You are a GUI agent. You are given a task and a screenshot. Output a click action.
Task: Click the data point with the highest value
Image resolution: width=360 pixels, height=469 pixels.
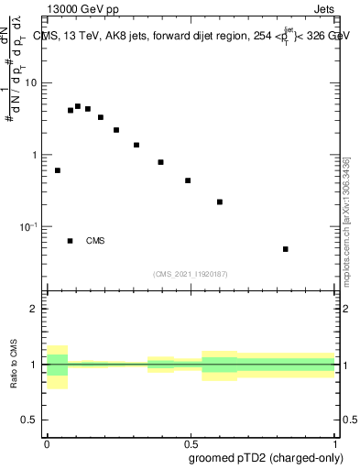tap(78, 106)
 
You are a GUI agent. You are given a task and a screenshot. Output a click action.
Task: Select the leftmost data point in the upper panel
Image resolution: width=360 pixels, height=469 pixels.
tap(58, 170)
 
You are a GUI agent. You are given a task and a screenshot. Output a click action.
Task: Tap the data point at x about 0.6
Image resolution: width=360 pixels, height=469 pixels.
tap(220, 202)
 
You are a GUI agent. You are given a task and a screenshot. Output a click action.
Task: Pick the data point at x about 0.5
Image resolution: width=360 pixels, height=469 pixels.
tap(188, 180)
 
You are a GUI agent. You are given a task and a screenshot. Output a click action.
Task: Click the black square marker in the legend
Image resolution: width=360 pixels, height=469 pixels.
tap(71, 241)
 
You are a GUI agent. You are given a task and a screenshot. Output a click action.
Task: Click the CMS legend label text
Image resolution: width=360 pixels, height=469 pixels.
tap(95, 241)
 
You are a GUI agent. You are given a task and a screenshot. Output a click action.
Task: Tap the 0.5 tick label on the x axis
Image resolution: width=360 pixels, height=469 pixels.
tap(191, 443)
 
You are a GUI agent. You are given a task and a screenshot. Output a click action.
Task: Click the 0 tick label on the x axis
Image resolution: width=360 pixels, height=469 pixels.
tap(47, 443)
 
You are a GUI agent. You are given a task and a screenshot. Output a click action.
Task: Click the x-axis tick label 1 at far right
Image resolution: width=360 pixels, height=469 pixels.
tap(334, 443)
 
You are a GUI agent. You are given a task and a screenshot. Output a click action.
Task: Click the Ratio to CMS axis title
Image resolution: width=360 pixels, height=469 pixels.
tap(14, 364)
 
